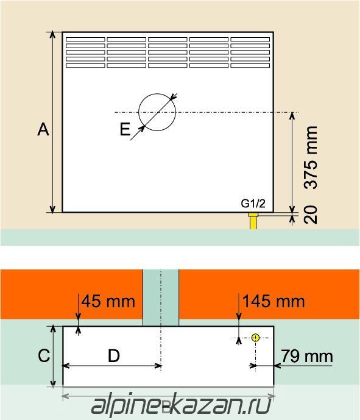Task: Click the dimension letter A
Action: pyautogui.click(x=43, y=129)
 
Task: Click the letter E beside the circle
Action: pyautogui.click(x=125, y=129)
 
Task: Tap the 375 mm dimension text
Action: pyautogui.click(x=311, y=158)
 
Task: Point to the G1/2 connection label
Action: pyautogui.click(x=253, y=204)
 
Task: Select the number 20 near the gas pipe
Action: pyautogui.click(x=311, y=215)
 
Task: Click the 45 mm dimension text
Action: pyautogui.click(x=108, y=301)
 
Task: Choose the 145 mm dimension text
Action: pyautogui.click(x=274, y=301)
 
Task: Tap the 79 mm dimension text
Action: pyautogui.click(x=307, y=357)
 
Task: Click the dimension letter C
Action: pyautogui.click(x=44, y=356)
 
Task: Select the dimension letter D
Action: pyautogui.click(x=114, y=356)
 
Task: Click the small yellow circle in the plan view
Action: pyautogui.click(x=256, y=337)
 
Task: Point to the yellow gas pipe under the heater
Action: pyautogui.click(x=253, y=221)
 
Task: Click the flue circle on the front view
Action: pyautogui.click(x=157, y=94)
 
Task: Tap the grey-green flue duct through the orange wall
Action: pyautogui.click(x=161, y=297)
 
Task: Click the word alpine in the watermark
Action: pyautogui.click(x=126, y=405)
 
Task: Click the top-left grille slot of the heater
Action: pyautogui.click(x=85, y=40)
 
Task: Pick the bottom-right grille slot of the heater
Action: pyautogui.click(x=250, y=65)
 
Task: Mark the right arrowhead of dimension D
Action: pyautogui.click(x=158, y=366)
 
